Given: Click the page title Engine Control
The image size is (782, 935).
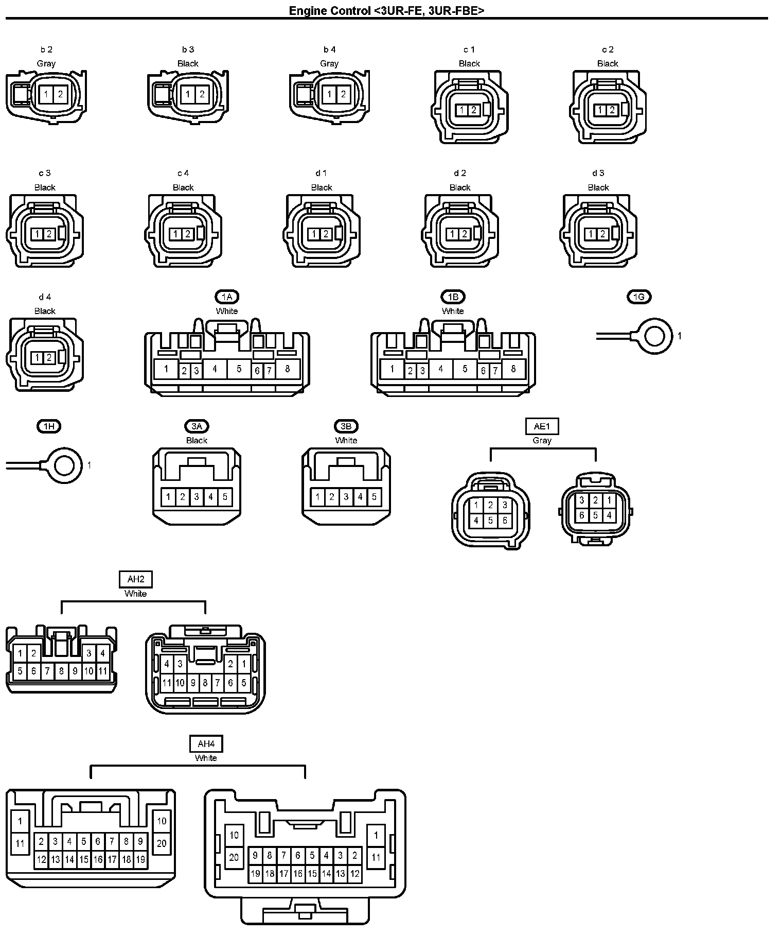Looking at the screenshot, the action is coord(329,10).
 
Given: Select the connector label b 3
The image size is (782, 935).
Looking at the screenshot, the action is coord(188,49).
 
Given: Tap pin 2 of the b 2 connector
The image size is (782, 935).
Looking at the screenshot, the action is coord(60,94).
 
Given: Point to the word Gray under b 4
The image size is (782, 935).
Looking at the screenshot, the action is coord(329,63).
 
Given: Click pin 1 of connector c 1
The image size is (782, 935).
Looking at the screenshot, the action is coord(462,110).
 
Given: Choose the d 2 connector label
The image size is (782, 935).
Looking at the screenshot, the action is coord(460,173).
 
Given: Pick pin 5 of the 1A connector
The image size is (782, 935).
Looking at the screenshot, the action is coord(239,369).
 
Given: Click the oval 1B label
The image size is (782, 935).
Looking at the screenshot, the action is coord(453,297).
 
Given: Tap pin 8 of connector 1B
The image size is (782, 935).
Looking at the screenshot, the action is coord(513,369).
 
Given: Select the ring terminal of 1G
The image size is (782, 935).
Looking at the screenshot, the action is coord(654,336).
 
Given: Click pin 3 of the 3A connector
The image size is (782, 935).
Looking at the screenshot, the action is coord(197,497).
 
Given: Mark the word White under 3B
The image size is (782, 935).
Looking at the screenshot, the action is coord(346,440).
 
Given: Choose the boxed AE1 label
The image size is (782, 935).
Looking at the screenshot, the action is coord(542,426).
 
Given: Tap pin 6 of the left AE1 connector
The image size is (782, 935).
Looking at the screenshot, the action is coord(505,521).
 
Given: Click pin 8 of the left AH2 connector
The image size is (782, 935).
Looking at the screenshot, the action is coord(61,671).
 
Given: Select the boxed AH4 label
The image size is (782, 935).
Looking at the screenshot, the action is coord(206,744).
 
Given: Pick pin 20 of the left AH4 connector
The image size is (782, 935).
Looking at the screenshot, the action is coord(162,843).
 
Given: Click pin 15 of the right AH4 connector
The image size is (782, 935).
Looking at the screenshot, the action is coord(312,873).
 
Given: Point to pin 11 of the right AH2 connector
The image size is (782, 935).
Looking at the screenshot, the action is coord(167,683).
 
